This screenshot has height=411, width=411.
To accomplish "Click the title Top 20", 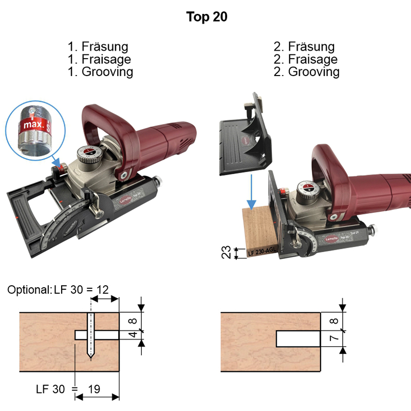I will click(207, 17).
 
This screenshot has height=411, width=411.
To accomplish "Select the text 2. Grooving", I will click(307, 72).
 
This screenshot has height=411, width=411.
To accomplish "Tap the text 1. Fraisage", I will click(99, 60).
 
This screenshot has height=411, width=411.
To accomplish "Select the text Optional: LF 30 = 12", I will click(59, 290).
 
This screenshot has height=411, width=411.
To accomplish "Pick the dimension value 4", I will click(132, 335).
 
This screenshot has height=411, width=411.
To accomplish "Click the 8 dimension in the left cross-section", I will click(132, 322).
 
